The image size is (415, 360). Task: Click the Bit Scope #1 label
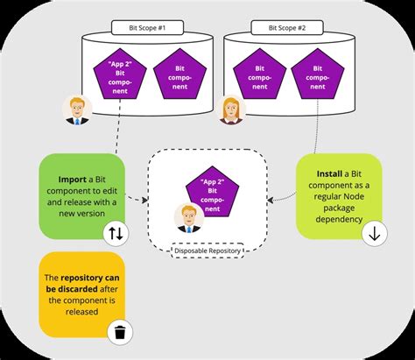141,27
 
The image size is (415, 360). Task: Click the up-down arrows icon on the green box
116,233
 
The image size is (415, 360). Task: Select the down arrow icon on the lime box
373,234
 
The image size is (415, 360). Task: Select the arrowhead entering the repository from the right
268,199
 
